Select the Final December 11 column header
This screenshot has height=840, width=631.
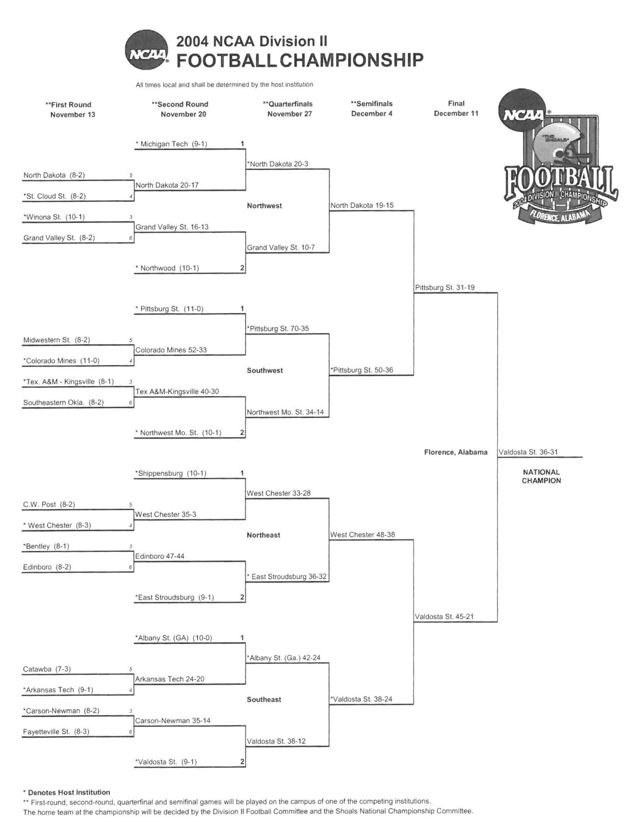click(456, 108)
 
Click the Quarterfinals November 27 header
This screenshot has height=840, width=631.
click(289, 109)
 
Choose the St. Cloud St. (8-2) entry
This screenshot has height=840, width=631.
click(55, 196)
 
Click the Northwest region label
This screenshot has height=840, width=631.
click(264, 206)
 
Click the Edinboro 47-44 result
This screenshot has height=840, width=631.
click(160, 556)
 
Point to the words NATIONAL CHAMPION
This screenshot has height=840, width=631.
click(541, 476)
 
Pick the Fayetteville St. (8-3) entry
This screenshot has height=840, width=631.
click(56, 731)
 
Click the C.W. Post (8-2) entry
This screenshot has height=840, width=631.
click(49, 504)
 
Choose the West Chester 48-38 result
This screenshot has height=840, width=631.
click(362, 535)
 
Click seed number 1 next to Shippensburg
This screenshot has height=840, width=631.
click(242, 473)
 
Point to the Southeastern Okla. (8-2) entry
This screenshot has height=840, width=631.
click(63, 403)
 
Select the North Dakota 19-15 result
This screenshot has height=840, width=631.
click(362, 205)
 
